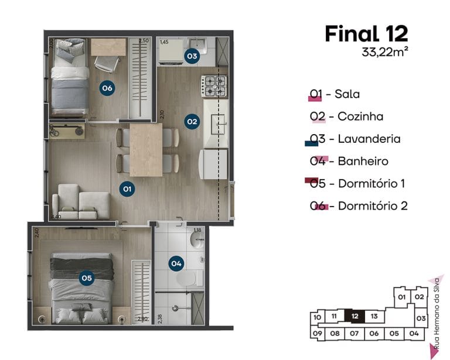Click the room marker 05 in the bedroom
pos(87,278)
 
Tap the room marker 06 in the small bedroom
pos(107,88)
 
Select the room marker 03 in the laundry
pos(191,56)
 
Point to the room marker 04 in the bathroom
pos(176,263)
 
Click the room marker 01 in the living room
pos(127,188)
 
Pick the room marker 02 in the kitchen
pos(191,122)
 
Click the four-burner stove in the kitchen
pos(214,86)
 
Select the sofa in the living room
pos(81,202)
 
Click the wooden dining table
pos(146,149)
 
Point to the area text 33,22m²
pos(384,52)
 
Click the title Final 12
pos(366,33)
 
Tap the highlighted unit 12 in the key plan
pos(354,317)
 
